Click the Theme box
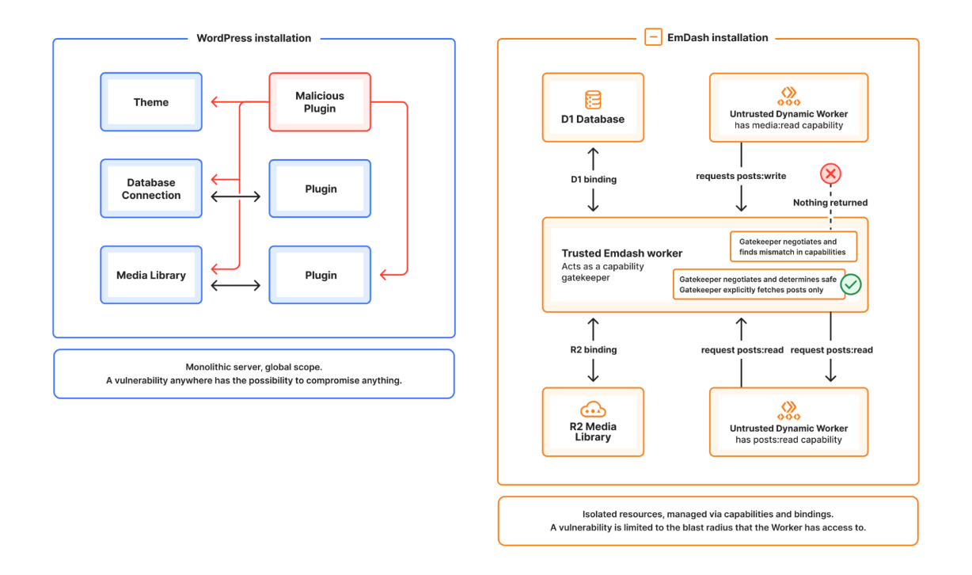(x=151, y=102)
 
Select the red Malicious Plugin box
(x=320, y=102)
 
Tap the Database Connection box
(x=151, y=189)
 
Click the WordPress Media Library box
(x=151, y=276)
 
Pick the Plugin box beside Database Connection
(x=320, y=189)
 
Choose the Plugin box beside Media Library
(x=320, y=276)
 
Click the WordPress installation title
(x=253, y=38)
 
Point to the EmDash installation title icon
(x=653, y=37)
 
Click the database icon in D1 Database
(x=593, y=100)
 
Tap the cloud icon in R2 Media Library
(x=593, y=410)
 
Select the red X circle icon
(x=830, y=174)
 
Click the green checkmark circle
(x=851, y=284)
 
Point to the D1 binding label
(x=594, y=179)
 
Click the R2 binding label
(x=594, y=349)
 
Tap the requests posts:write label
(x=741, y=176)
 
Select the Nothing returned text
(x=830, y=203)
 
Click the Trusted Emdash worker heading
(x=621, y=253)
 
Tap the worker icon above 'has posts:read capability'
(x=788, y=409)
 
